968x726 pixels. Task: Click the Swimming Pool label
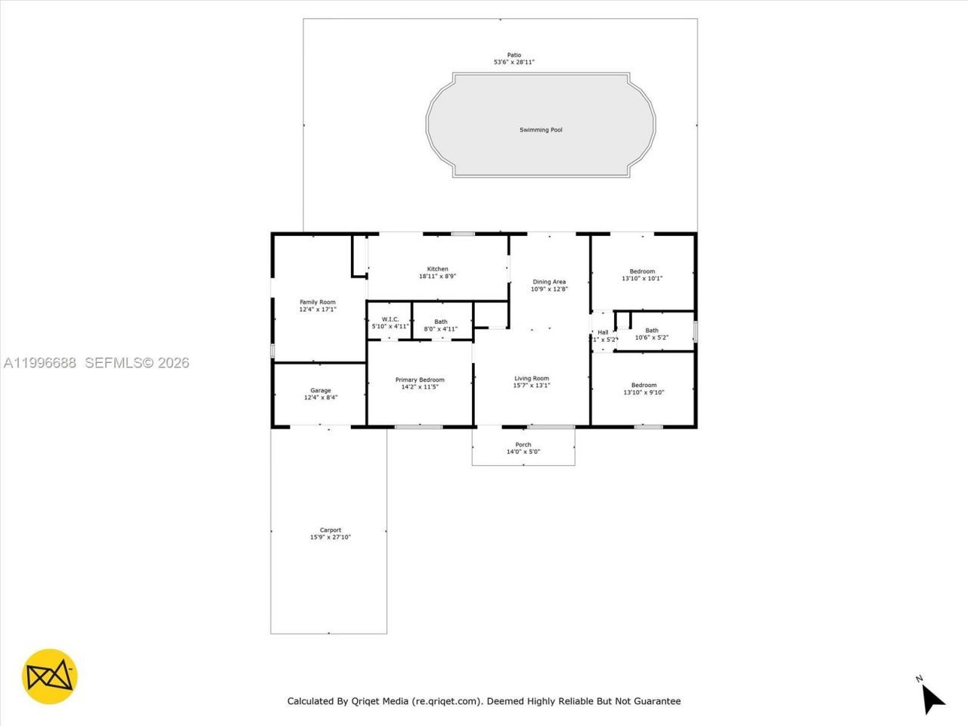(x=541, y=130)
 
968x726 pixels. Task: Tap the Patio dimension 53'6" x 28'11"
(x=514, y=62)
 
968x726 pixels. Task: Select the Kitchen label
(x=437, y=269)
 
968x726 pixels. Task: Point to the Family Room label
(x=318, y=302)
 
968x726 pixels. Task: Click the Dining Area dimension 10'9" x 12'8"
(x=549, y=289)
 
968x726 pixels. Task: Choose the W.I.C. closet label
(x=390, y=319)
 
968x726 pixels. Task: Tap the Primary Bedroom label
(x=420, y=380)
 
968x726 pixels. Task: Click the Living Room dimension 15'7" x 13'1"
(x=532, y=386)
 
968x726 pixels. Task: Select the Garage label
(x=321, y=391)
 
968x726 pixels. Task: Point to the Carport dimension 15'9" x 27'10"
(x=330, y=538)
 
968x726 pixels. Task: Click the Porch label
(x=523, y=445)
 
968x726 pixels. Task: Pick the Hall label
(x=603, y=332)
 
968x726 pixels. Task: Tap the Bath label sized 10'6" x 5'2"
(x=652, y=330)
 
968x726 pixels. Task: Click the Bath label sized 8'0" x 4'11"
(x=441, y=322)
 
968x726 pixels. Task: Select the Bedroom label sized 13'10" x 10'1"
(x=643, y=271)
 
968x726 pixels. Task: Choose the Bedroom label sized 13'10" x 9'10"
(x=644, y=385)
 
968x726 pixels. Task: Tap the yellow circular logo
(x=50, y=676)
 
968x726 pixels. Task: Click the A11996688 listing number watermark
(x=40, y=363)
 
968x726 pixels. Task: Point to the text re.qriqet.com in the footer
(x=446, y=701)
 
